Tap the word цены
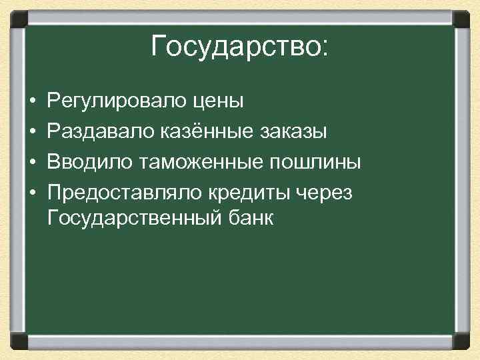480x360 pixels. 217,102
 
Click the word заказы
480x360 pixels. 294,132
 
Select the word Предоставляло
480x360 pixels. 126,191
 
